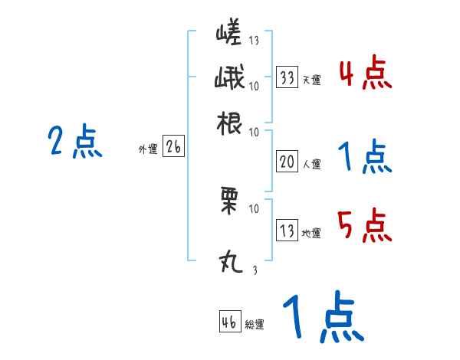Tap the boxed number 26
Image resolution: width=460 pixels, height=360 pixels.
pos(173,148)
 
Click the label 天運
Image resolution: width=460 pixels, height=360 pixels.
pos(311,79)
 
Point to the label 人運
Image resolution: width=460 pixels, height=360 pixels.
pos(311,163)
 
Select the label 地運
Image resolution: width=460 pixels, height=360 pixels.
pos(311,233)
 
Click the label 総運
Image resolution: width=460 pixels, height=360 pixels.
pos(255,324)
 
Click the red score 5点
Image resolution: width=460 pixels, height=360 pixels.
pos(364,224)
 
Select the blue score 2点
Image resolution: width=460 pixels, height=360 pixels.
pos(75,142)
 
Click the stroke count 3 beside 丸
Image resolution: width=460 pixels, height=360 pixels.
pos(255,270)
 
